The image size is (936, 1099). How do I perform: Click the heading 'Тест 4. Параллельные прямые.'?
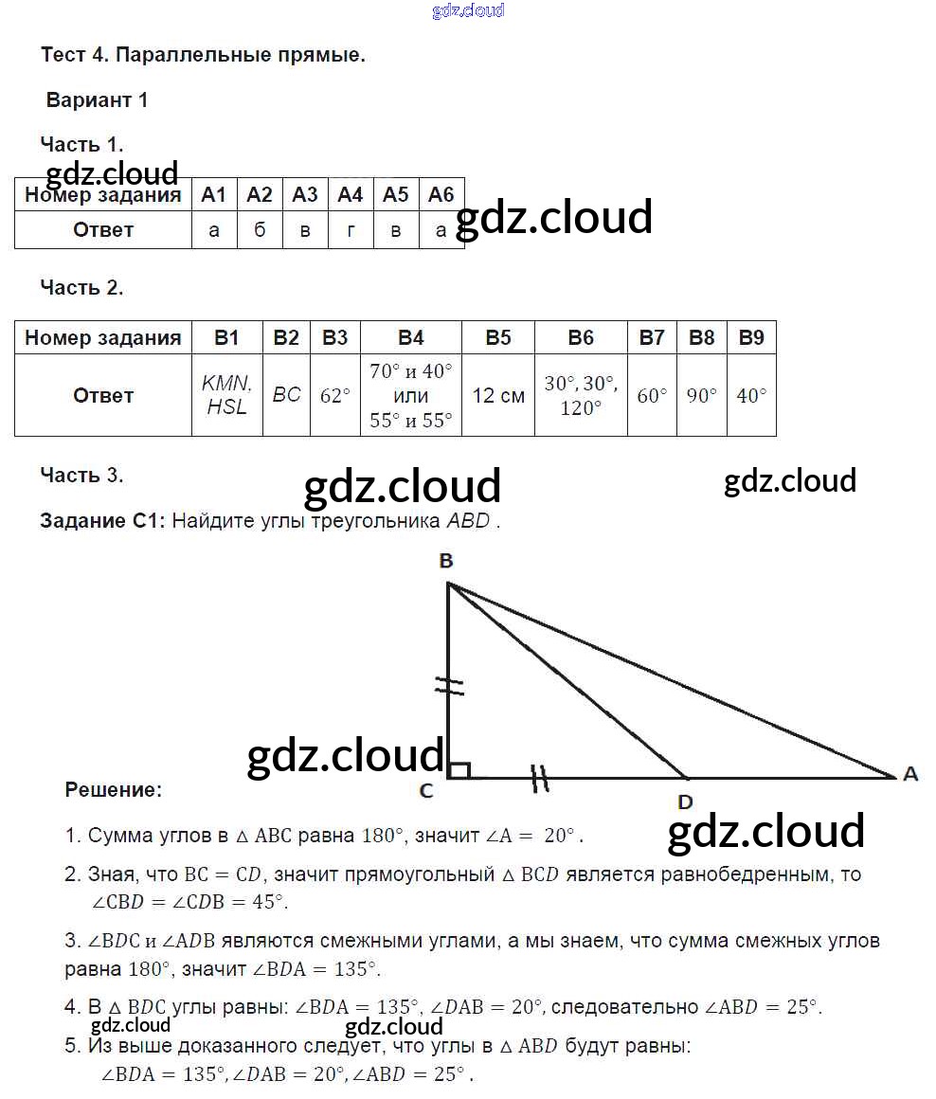[203, 55]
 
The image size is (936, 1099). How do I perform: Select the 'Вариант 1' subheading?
[98, 100]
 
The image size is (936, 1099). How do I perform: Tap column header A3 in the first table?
[305, 195]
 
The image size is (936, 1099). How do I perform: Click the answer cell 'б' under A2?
[260, 230]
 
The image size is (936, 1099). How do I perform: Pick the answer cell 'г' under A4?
[351, 230]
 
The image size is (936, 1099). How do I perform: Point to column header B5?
[498, 337]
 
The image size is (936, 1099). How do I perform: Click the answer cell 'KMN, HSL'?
[227, 395]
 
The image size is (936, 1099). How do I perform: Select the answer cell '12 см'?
[498, 395]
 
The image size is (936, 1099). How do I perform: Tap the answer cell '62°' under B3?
[335, 395]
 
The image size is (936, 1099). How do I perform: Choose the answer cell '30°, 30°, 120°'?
[581, 395]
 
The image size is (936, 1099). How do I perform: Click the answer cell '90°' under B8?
[702, 395]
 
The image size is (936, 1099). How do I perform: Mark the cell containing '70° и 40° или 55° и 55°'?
[411, 395]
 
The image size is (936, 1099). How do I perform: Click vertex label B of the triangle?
[446, 562]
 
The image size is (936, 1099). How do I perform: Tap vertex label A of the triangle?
[910, 774]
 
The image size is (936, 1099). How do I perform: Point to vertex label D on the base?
[685, 802]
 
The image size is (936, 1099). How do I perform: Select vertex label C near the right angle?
[426, 790]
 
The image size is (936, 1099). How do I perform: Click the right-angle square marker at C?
[459, 769]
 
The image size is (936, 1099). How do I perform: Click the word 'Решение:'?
[114, 789]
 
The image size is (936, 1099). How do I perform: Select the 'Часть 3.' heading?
[81, 476]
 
